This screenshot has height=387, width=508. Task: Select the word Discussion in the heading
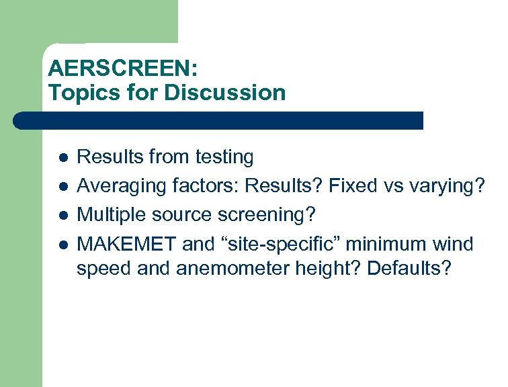pos(224,92)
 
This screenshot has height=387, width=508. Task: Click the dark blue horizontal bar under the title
pos(218,121)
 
